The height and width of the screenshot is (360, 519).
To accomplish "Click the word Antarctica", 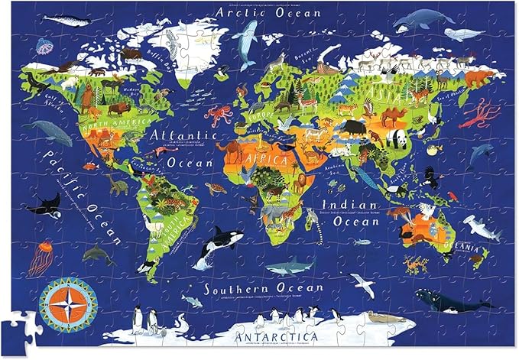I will point(255,336).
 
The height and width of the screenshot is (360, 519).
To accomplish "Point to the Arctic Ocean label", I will point(259,11).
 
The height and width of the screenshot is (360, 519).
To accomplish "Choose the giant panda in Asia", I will point(398,138).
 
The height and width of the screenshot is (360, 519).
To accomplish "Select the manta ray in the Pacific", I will point(44,205).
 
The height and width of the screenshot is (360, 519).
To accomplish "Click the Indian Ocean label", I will point(349,212).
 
